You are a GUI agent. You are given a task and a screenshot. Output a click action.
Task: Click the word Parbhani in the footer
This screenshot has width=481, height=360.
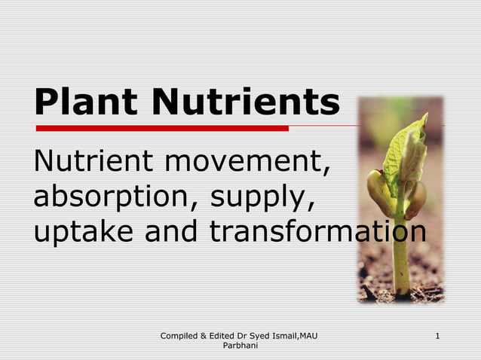[x=241, y=346]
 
